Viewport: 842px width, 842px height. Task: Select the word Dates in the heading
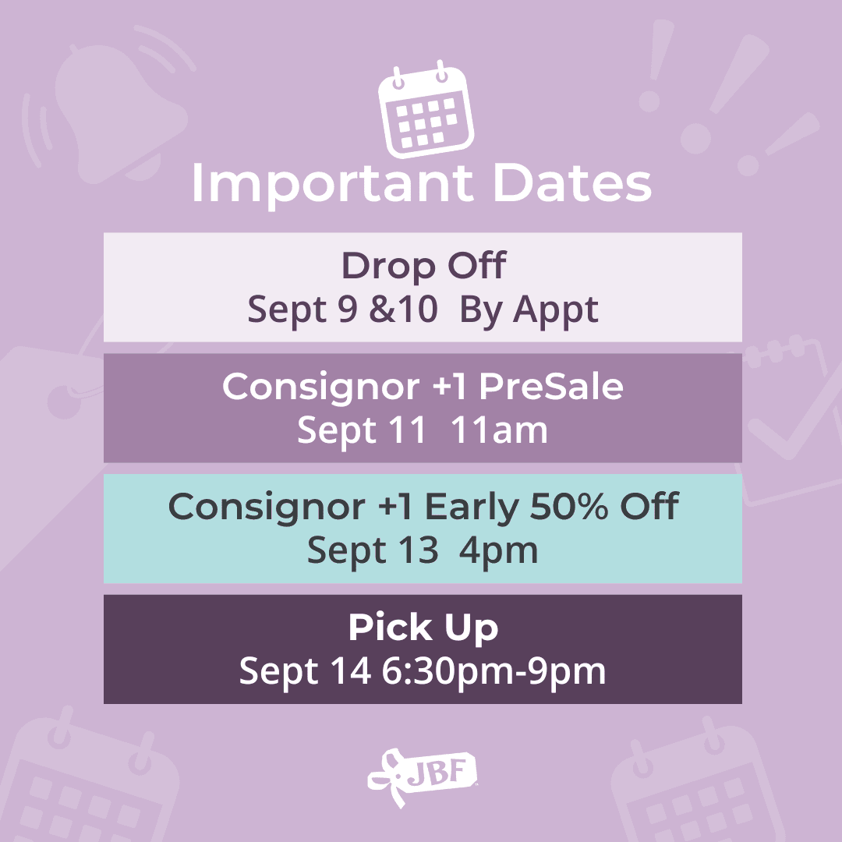tap(572, 184)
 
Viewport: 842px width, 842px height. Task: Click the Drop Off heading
tap(423, 265)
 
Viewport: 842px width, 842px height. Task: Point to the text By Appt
tap(529, 310)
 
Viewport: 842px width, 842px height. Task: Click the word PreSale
tap(551, 386)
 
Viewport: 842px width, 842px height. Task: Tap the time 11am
tap(499, 430)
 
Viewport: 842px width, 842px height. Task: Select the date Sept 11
tap(362, 430)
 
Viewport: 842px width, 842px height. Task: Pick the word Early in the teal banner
tap(472, 508)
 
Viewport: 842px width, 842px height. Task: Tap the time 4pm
tap(498, 551)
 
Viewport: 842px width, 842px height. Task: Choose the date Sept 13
tap(373, 551)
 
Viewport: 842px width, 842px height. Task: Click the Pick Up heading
tap(423, 627)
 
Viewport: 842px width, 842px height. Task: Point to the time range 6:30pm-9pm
tap(494, 671)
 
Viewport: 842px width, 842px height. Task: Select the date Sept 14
tap(305, 671)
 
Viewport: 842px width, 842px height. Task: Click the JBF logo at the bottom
tap(422, 777)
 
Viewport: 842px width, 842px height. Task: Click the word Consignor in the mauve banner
tap(321, 387)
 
